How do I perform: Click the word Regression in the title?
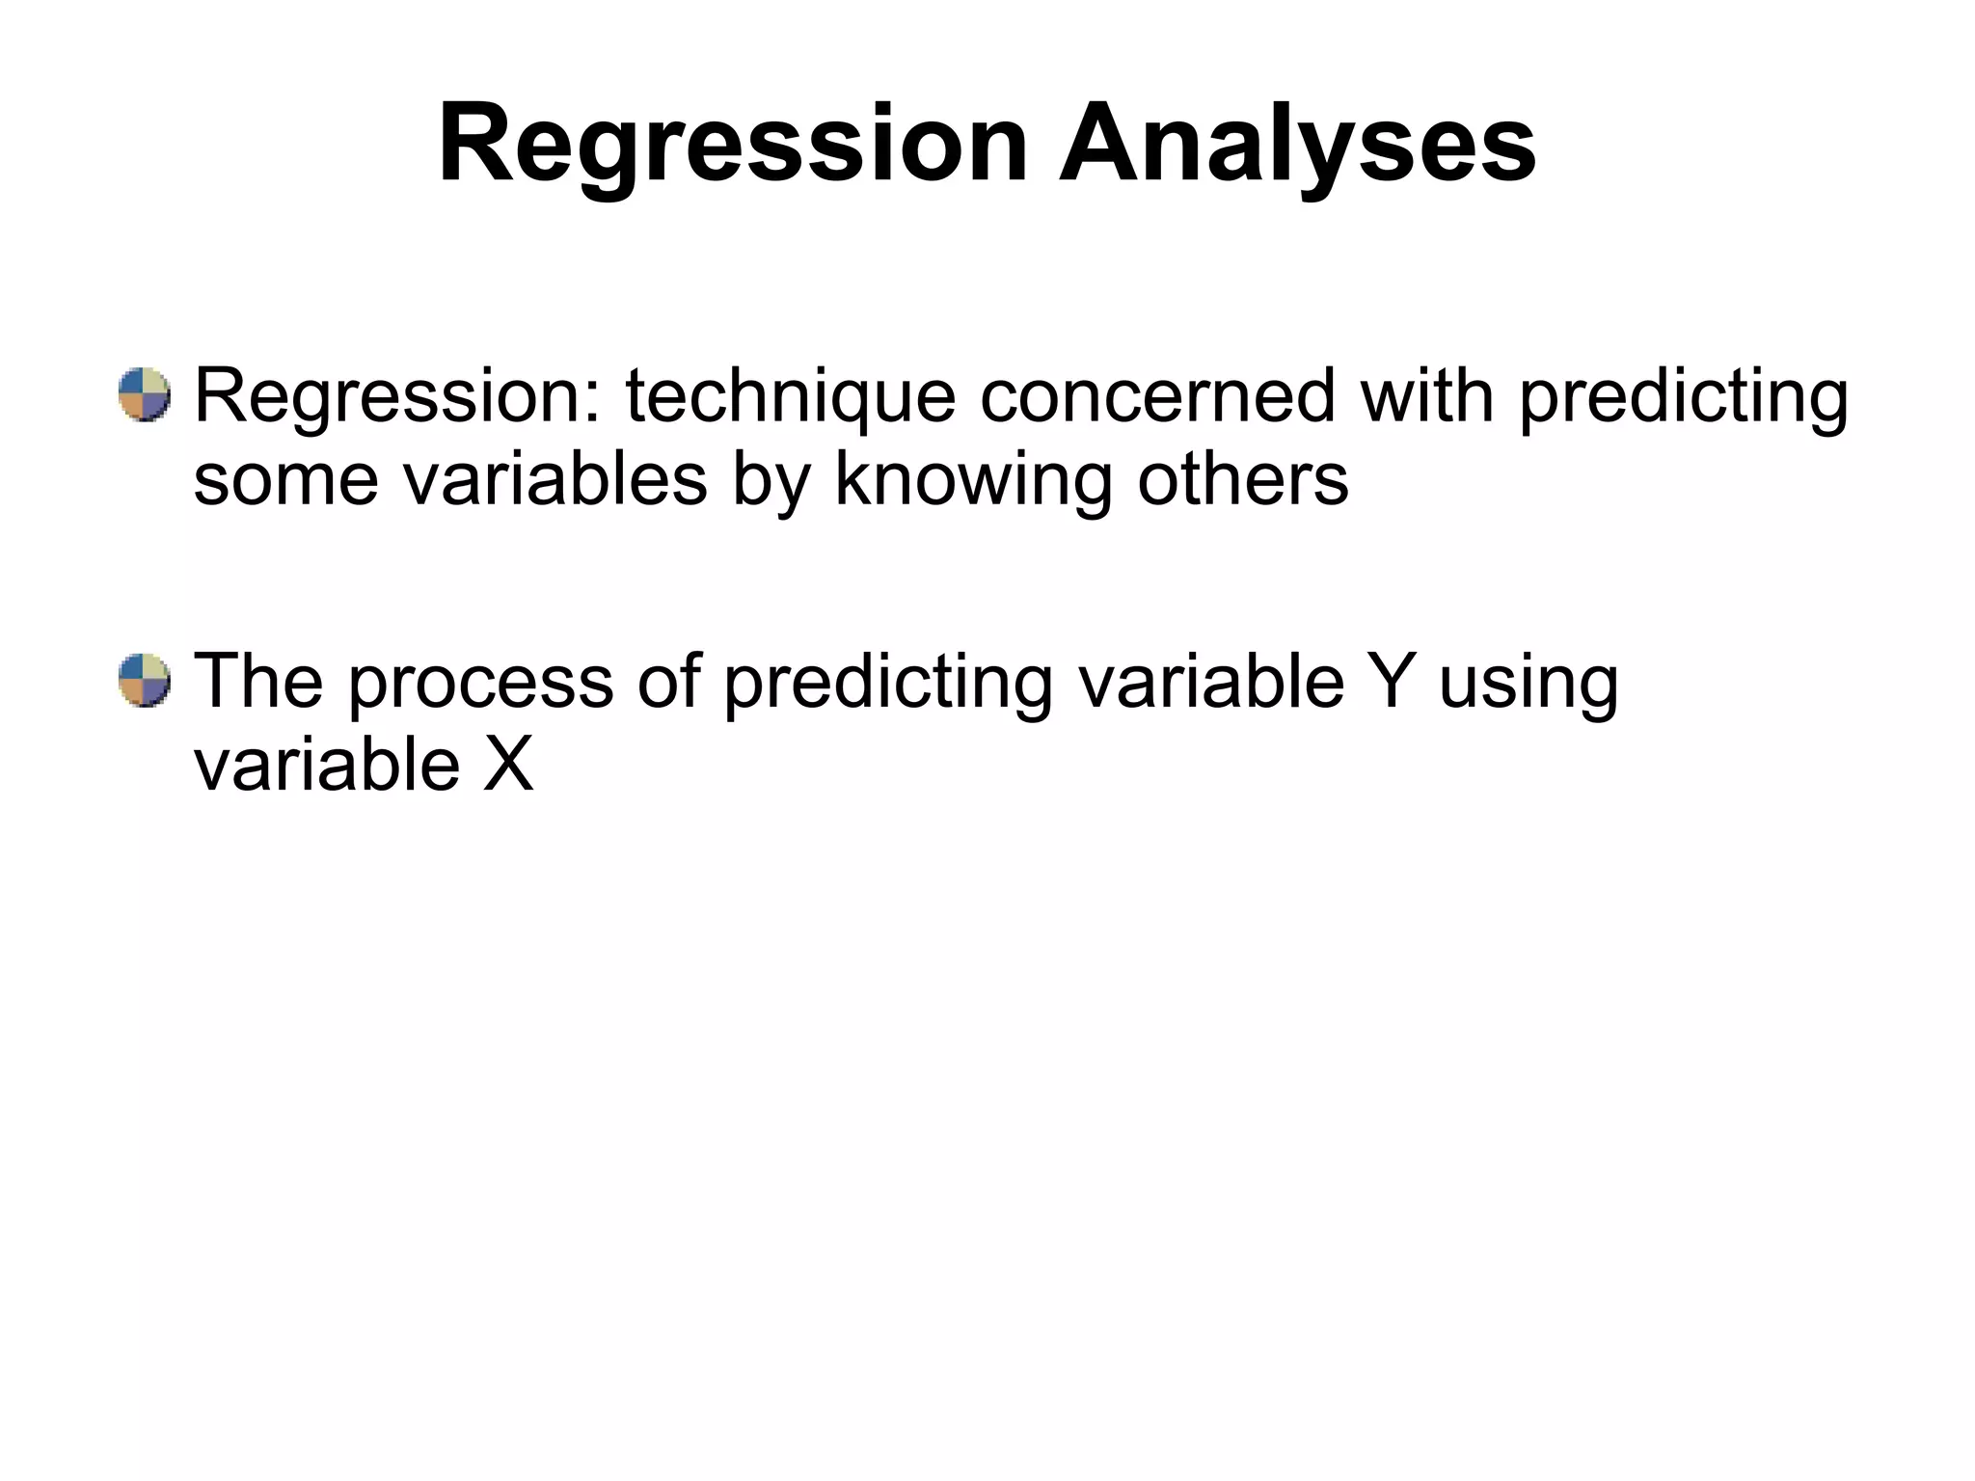tap(733, 147)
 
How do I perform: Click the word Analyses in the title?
tap(1296, 147)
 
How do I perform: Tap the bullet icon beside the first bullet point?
tap(145, 394)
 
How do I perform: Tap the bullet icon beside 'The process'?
tap(145, 681)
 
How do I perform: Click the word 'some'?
tap(285, 481)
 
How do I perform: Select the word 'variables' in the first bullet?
tap(555, 479)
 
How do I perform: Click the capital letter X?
tap(507, 765)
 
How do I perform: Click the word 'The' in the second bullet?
tap(258, 681)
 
